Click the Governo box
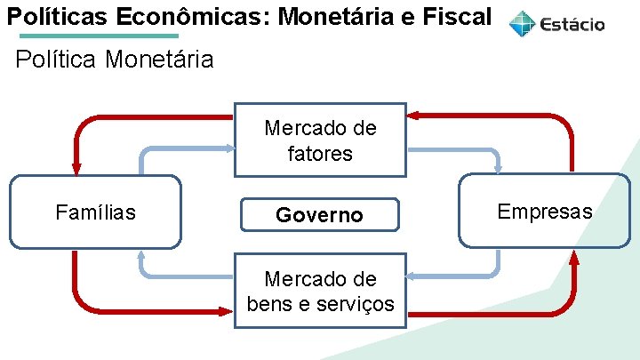[319, 215]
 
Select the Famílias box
[95, 212]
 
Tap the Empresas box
[544, 211]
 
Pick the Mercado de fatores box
[320, 140]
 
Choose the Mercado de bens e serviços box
[320, 291]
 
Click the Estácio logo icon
[523, 23]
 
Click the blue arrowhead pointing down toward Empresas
[498, 166]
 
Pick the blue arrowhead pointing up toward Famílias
[141, 257]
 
